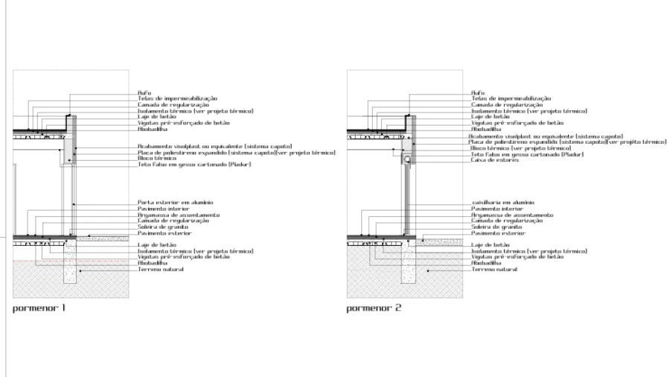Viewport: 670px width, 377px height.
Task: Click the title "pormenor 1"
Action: (x=39, y=307)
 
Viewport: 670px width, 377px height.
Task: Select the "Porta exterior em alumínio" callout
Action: (x=176, y=202)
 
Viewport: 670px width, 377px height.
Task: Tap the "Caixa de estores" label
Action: (x=495, y=160)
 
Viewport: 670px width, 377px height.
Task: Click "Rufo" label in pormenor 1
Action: (x=144, y=93)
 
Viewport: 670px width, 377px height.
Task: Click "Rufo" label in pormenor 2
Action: (x=478, y=93)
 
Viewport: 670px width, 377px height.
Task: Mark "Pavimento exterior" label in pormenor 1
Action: (x=165, y=233)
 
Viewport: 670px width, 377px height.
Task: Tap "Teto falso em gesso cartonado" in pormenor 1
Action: (x=193, y=164)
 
